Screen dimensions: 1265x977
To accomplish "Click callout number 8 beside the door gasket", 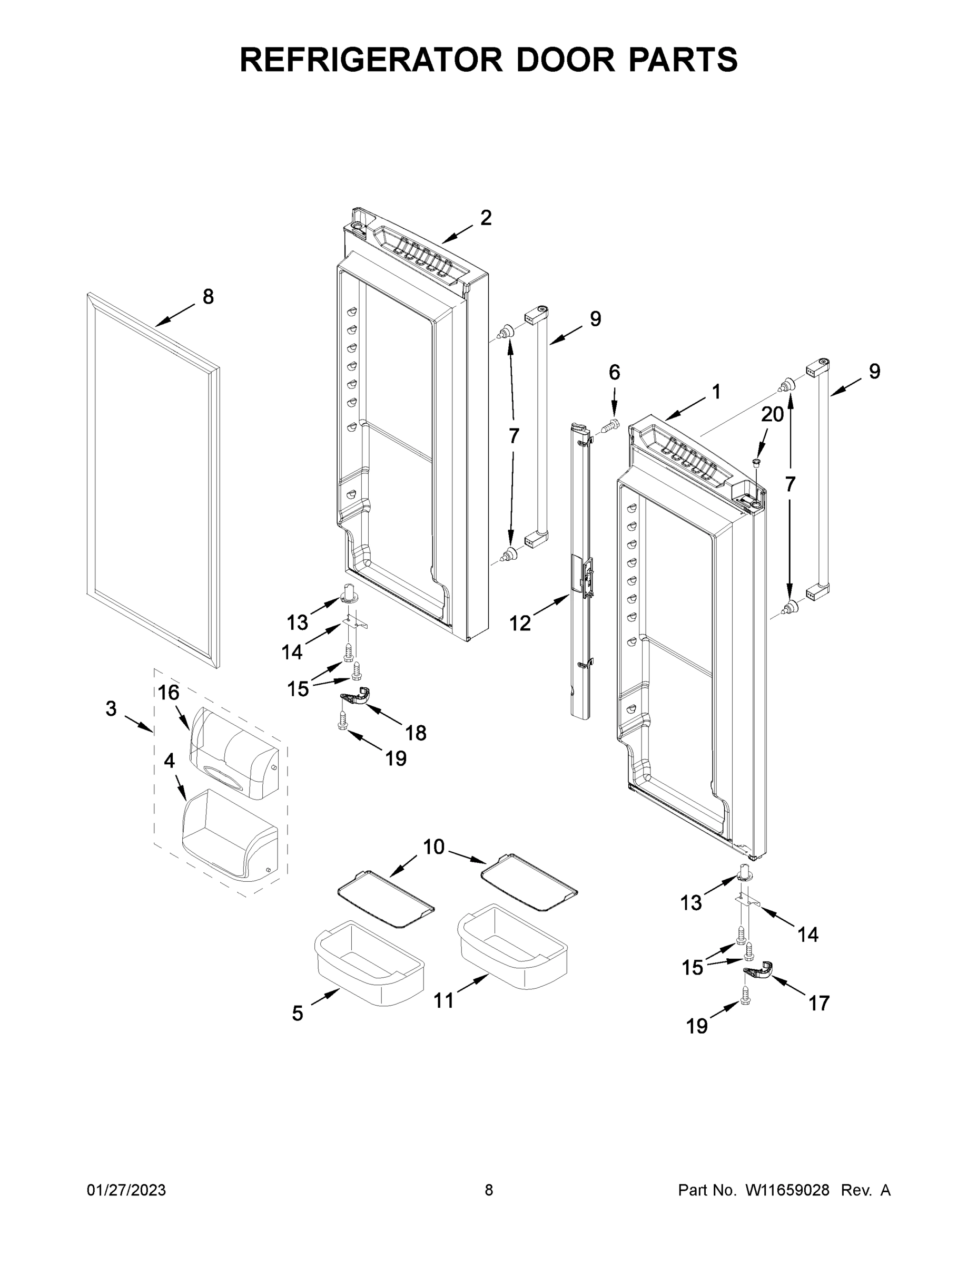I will click(x=208, y=297).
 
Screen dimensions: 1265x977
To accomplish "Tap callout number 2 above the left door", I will click(x=486, y=217).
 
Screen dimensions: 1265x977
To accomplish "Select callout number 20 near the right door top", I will click(x=772, y=414).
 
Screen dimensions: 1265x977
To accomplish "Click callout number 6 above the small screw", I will click(x=614, y=373).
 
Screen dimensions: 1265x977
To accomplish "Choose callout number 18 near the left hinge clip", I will click(x=416, y=733).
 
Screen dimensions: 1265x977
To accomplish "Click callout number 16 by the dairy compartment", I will click(x=169, y=692).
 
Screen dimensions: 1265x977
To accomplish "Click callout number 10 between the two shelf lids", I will click(x=433, y=847).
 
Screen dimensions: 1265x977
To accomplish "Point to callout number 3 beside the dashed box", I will click(x=111, y=708).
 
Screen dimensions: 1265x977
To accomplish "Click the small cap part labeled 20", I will click(x=755, y=462).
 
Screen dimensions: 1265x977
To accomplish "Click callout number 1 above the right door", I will click(x=716, y=392).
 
